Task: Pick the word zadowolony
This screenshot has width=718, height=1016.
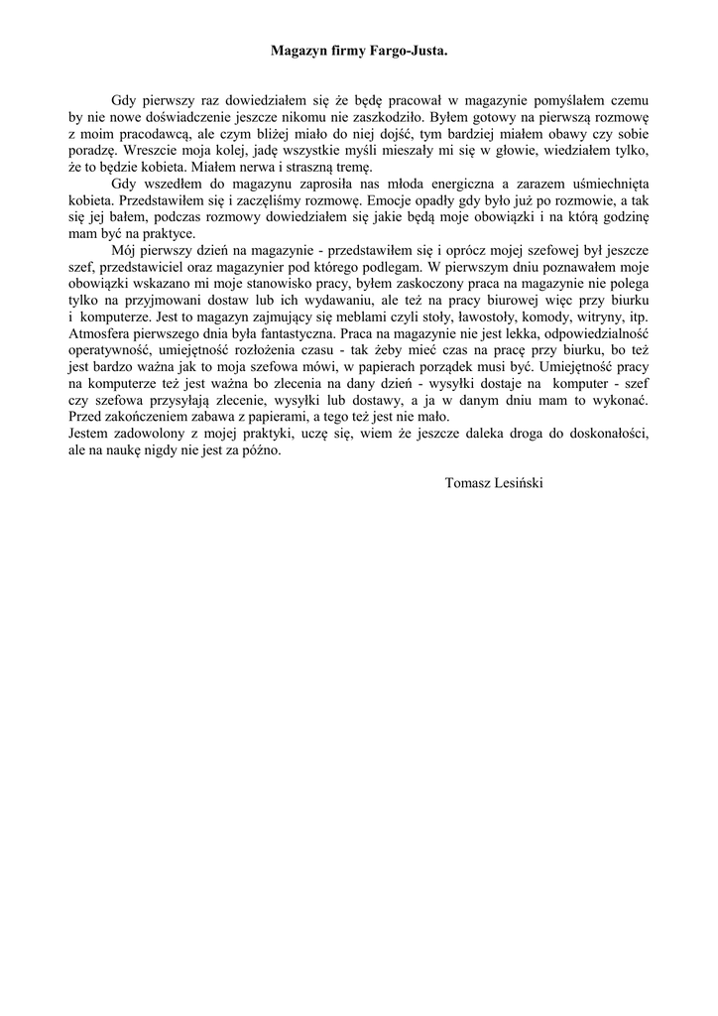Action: click(147, 435)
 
